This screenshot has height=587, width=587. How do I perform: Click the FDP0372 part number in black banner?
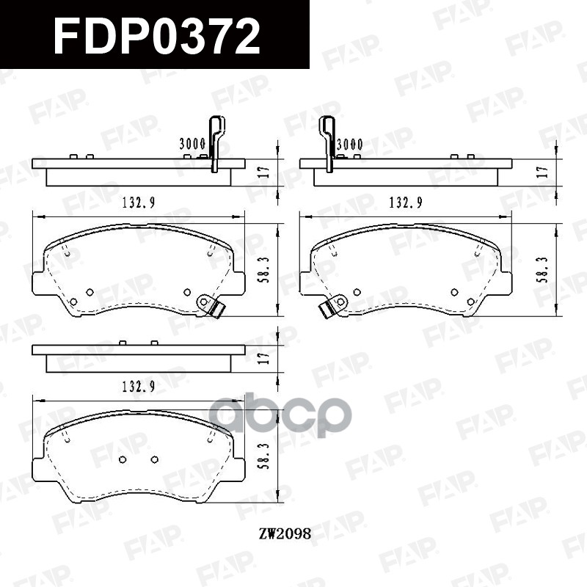point(156,36)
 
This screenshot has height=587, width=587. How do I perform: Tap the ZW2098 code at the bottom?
point(285,534)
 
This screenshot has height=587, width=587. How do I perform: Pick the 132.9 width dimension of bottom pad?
point(138,388)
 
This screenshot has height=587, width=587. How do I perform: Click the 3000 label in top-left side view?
point(192,145)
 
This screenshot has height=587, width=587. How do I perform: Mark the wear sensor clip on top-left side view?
point(215,143)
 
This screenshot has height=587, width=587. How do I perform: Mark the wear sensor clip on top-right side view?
point(327,143)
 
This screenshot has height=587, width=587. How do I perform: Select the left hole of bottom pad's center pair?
point(123,459)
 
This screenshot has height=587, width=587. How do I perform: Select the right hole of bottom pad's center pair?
point(154,459)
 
